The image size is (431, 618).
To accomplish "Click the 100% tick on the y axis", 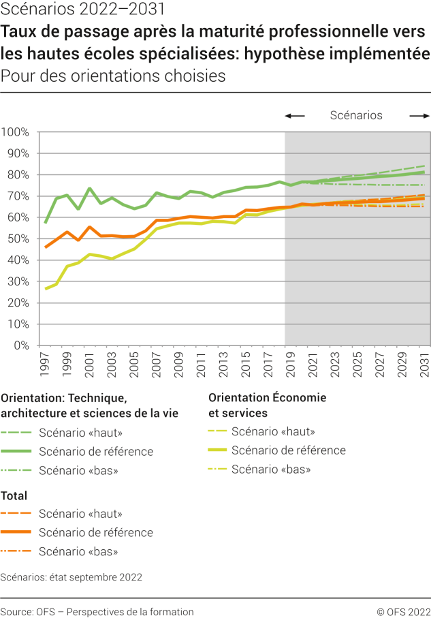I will click(15, 132).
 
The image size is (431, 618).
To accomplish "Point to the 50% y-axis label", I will click(17, 238).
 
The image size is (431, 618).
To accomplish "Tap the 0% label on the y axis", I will click(20, 345).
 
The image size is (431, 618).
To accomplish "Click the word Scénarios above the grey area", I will click(356, 115).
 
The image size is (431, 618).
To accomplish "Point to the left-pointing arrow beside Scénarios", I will click(294, 116).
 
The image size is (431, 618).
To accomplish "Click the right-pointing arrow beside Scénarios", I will click(419, 116).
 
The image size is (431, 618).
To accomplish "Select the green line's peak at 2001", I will click(90, 188).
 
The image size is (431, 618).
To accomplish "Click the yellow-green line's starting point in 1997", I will click(46, 289).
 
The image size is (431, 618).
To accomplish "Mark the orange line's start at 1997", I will click(46, 247).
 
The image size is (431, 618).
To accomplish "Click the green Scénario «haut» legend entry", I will click(80, 432).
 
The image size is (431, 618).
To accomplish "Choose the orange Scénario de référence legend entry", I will click(95, 532).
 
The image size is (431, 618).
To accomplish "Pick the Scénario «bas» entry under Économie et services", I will click(271, 469).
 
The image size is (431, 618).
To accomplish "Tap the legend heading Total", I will click(14, 496).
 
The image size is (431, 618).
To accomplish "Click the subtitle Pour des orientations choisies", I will click(113, 76).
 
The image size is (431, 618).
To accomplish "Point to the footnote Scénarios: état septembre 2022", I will click(71, 577).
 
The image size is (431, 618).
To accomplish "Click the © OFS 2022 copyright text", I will click(403, 612).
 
